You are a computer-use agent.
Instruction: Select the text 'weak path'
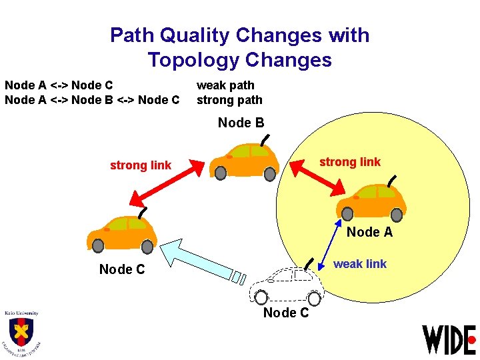coord(225,85)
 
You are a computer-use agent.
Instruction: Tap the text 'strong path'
coord(229,100)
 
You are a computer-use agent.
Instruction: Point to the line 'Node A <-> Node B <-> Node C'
coord(92,100)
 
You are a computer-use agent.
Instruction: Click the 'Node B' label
coord(241,123)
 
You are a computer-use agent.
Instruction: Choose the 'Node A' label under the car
coord(369,232)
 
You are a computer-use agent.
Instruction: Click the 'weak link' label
coord(359,264)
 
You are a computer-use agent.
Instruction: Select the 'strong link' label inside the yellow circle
coord(350,162)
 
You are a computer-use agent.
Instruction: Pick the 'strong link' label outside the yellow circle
coord(141,165)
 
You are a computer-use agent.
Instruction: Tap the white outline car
coord(287,283)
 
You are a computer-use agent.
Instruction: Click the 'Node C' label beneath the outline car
coord(286,313)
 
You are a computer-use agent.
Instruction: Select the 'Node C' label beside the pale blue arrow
coord(121,269)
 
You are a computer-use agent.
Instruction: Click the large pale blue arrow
coord(200,260)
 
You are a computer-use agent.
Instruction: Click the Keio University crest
coord(21,332)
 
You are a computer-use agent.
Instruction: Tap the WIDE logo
coord(449,339)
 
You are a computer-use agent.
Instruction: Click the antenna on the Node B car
coord(265,140)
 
